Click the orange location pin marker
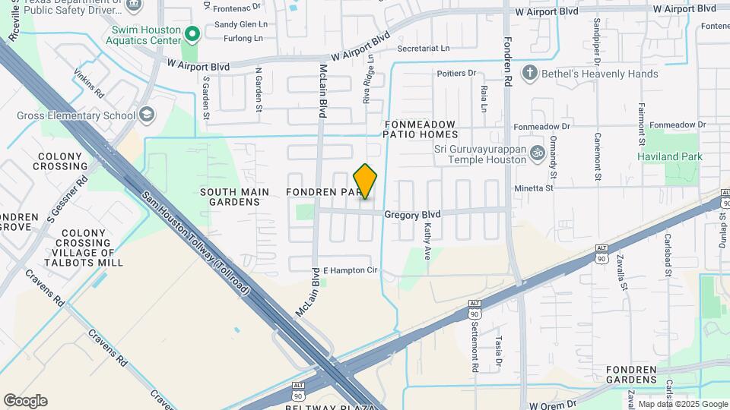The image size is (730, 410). pyautogui.click(x=366, y=181)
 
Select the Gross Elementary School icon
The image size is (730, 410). pyautogui.click(x=145, y=115)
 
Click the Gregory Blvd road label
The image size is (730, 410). pyautogui.click(x=412, y=215)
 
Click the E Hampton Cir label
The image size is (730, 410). pyautogui.click(x=350, y=270)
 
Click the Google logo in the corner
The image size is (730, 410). pyautogui.click(x=25, y=401)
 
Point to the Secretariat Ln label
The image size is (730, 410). pyautogui.click(x=424, y=48)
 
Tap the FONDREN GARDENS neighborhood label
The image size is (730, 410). pyautogui.click(x=631, y=375)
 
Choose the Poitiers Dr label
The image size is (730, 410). pyautogui.click(x=456, y=74)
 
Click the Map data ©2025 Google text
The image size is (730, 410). pyautogui.click(x=683, y=404)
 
